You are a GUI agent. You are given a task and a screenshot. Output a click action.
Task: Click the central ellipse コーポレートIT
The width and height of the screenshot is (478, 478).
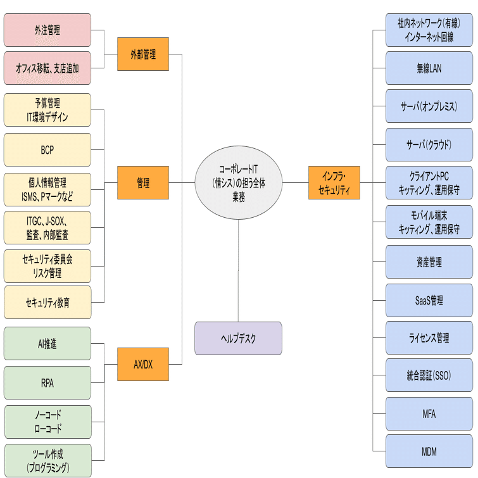[239, 182]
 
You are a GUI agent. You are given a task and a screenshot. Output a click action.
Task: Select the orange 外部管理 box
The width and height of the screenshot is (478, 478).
[143, 54]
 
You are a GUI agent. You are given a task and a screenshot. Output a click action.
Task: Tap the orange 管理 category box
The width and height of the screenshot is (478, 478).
[143, 182]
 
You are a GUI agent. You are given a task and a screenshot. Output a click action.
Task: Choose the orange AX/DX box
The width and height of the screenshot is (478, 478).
[143, 364]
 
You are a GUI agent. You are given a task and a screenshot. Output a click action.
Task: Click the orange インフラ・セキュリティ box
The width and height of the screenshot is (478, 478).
[334, 182]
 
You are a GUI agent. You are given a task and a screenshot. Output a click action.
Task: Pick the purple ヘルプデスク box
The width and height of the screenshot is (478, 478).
[238, 338]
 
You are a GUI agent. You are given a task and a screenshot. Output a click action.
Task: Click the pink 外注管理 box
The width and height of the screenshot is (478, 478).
[47, 30]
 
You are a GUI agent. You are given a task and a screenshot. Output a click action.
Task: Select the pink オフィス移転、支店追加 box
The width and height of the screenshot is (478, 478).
[47, 68]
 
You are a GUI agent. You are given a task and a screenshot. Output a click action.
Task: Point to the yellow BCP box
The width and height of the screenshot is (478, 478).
[47, 149]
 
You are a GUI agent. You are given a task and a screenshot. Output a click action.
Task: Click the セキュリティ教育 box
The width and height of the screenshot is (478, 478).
[47, 303]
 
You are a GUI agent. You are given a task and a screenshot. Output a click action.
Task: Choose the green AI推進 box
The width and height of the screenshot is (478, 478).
[47, 344]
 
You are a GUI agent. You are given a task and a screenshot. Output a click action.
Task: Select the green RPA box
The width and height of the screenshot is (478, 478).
[47, 382]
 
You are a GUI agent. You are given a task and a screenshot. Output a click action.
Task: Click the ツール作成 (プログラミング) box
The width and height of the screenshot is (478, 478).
[47, 461]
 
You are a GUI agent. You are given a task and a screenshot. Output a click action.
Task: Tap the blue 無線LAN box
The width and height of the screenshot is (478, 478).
[429, 68]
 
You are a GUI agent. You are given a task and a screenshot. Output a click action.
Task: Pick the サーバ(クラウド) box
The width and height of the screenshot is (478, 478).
[429, 144]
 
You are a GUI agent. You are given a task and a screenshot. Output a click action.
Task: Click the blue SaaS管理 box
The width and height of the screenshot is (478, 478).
[429, 300]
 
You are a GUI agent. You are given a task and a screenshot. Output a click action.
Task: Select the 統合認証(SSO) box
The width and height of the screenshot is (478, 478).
[429, 375]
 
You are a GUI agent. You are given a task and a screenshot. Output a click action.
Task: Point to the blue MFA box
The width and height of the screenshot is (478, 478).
[429, 413]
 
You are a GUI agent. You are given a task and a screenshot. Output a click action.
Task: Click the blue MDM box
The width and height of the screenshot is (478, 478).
[429, 451]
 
